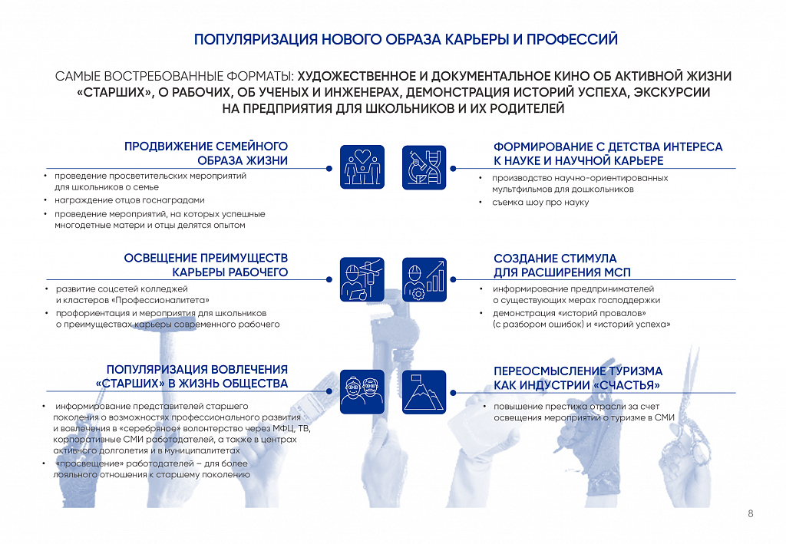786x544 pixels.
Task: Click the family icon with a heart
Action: click(x=362, y=166)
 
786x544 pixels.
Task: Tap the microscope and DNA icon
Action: click(x=424, y=167)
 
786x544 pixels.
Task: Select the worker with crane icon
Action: click(x=362, y=279)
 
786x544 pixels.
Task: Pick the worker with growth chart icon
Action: click(x=424, y=279)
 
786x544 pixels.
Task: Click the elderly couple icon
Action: click(x=362, y=392)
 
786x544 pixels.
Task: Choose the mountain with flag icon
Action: click(x=424, y=392)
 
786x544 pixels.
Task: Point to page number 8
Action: click(x=751, y=513)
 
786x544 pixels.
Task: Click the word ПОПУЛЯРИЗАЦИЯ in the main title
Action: click(x=256, y=40)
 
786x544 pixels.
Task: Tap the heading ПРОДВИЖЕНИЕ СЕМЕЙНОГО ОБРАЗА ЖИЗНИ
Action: click(x=206, y=153)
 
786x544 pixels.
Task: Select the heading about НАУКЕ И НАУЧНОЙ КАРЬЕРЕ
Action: click(x=608, y=153)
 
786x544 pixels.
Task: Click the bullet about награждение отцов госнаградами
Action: click(x=129, y=200)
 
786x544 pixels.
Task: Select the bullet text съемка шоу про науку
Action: click(x=540, y=203)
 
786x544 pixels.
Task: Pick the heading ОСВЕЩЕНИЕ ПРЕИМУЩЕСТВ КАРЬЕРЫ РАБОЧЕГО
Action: click(x=206, y=265)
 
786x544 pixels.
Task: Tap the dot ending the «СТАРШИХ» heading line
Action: click(x=329, y=391)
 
